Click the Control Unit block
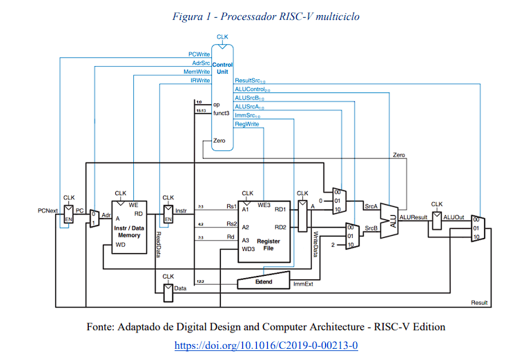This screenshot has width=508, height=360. click(222, 97)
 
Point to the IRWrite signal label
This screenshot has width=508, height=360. click(200, 81)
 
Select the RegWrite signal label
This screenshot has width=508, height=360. click(247, 124)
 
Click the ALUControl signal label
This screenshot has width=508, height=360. click(252, 90)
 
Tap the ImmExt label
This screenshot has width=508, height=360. click(303, 284)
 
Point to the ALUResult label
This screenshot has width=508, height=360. click(414, 217)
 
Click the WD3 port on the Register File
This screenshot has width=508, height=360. click(248, 249)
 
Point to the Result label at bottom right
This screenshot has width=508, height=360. click(479, 303)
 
